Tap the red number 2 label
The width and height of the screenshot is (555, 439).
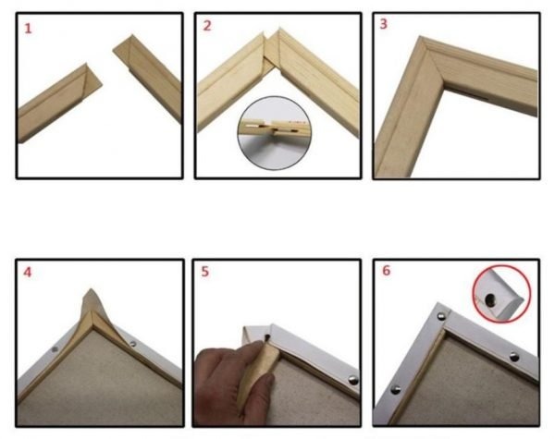(207, 26)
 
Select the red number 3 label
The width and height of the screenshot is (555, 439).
(384, 25)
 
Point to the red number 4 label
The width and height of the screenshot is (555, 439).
(28, 273)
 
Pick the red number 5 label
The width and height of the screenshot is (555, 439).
(207, 273)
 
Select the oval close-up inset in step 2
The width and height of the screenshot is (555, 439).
(277, 128)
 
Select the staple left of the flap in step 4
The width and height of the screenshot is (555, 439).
(55, 350)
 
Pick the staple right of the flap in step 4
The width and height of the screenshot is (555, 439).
(135, 344)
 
